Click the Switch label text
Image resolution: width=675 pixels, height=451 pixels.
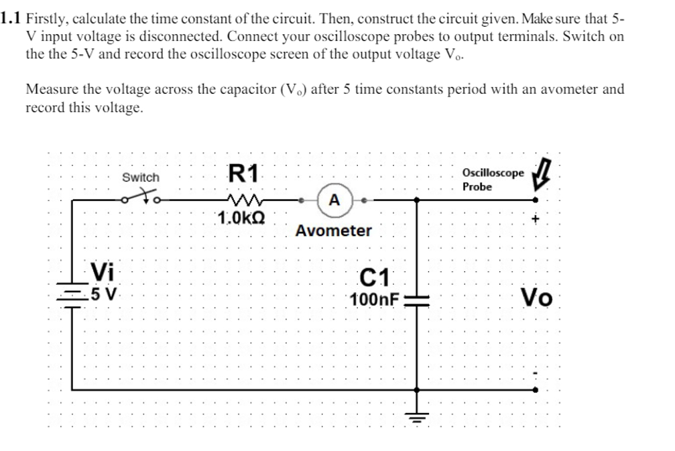[141, 178]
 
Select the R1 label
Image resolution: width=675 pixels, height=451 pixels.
[243, 174]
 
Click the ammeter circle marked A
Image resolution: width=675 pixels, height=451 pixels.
[334, 199]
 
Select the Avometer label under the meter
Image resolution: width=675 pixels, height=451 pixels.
[333, 231]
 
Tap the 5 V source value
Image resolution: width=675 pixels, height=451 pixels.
[105, 294]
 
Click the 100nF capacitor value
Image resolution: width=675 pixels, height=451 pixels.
[374, 299]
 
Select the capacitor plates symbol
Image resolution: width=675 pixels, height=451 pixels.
[417, 300]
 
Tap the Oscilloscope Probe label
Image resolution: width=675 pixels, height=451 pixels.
[493, 180]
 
